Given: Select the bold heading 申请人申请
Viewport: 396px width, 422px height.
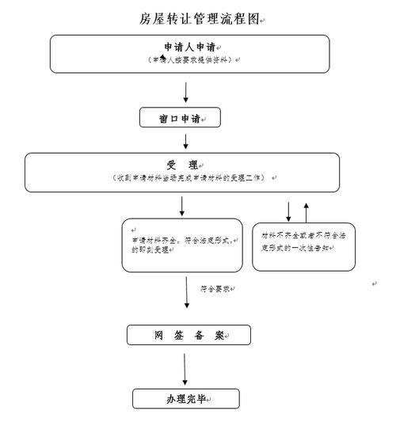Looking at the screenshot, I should click(x=190, y=48).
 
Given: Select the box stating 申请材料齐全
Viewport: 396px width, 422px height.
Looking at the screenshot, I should click(x=181, y=245).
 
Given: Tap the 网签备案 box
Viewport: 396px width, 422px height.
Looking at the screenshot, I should click(x=188, y=335).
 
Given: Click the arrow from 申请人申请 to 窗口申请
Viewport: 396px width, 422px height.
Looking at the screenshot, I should click(x=185, y=90).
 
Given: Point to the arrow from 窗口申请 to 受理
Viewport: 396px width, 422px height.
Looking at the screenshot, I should click(x=185, y=141).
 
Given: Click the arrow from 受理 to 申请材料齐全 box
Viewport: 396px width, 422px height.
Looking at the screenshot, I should click(x=182, y=206).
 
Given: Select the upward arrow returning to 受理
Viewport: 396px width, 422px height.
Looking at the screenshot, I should click(x=307, y=211).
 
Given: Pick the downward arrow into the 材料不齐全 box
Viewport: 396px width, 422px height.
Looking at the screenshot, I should click(x=288, y=211).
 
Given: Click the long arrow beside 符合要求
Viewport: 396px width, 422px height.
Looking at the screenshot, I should click(x=188, y=293).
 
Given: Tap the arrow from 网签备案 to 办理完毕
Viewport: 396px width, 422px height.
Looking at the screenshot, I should click(x=185, y=369).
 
